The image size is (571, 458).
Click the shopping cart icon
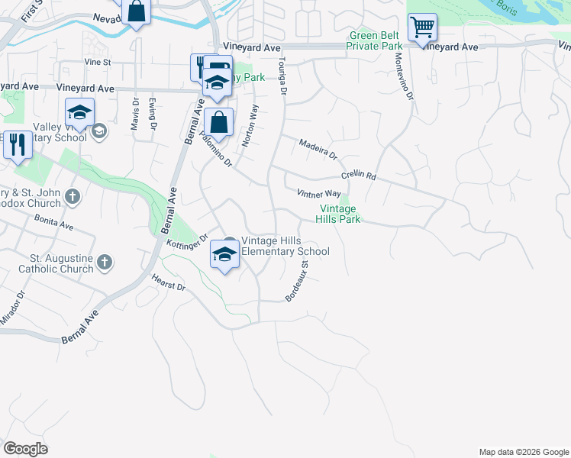422,28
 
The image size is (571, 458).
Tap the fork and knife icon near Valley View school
18,144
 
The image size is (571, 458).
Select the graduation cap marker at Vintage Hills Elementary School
224,255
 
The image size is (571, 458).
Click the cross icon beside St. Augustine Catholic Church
105,263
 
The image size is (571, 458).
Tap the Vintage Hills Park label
337,214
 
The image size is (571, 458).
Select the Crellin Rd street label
359,175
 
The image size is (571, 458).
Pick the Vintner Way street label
318,195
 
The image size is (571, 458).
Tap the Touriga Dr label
282,76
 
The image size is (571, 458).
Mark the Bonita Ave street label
53,222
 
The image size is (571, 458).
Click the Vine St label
98,62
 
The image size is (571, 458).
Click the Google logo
25,449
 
